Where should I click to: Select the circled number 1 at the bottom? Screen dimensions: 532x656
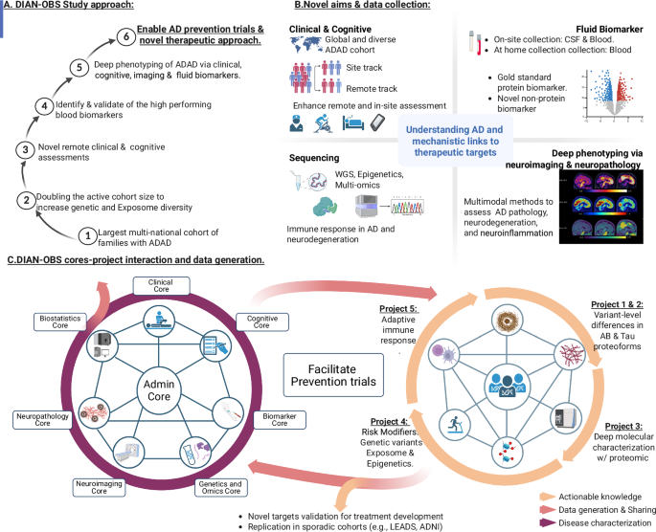click(88, 233)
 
